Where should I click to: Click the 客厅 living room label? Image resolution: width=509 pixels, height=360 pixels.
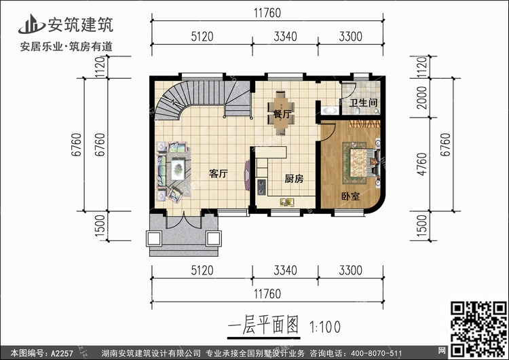218,174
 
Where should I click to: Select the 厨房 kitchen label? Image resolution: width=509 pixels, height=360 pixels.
293,179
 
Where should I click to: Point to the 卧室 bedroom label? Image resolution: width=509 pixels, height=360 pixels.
350,196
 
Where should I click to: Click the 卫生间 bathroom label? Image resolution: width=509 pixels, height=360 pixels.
363,104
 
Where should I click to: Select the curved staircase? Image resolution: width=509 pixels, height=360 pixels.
178,104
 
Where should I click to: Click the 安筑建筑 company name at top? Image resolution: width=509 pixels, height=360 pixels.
79,25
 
